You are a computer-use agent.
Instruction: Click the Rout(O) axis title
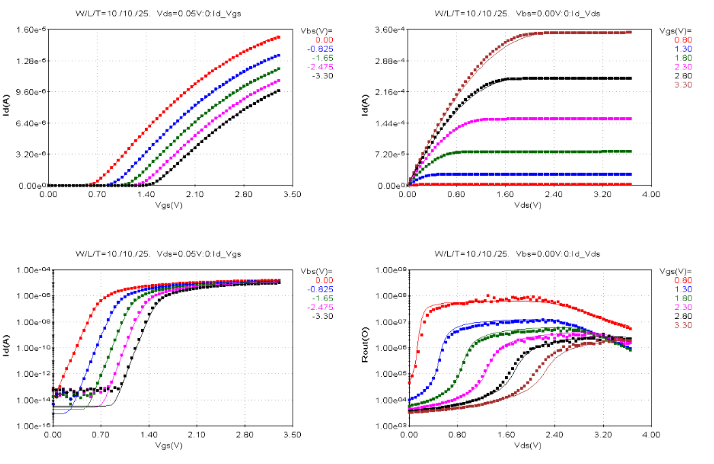366,348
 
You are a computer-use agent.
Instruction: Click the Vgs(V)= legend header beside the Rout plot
675,271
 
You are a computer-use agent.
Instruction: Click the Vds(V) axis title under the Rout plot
530,444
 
